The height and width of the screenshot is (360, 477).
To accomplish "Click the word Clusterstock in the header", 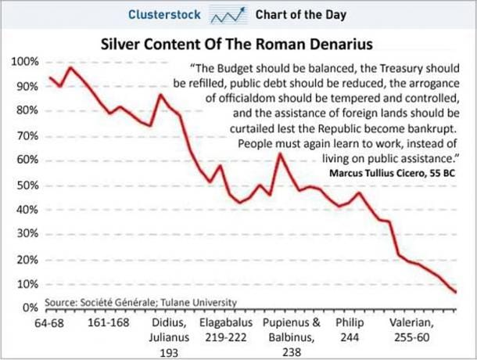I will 163,15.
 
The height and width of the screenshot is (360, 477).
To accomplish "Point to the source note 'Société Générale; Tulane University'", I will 140,301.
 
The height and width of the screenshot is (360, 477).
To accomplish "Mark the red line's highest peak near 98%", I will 70,67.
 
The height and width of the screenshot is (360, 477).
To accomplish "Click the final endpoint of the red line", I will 455,293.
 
